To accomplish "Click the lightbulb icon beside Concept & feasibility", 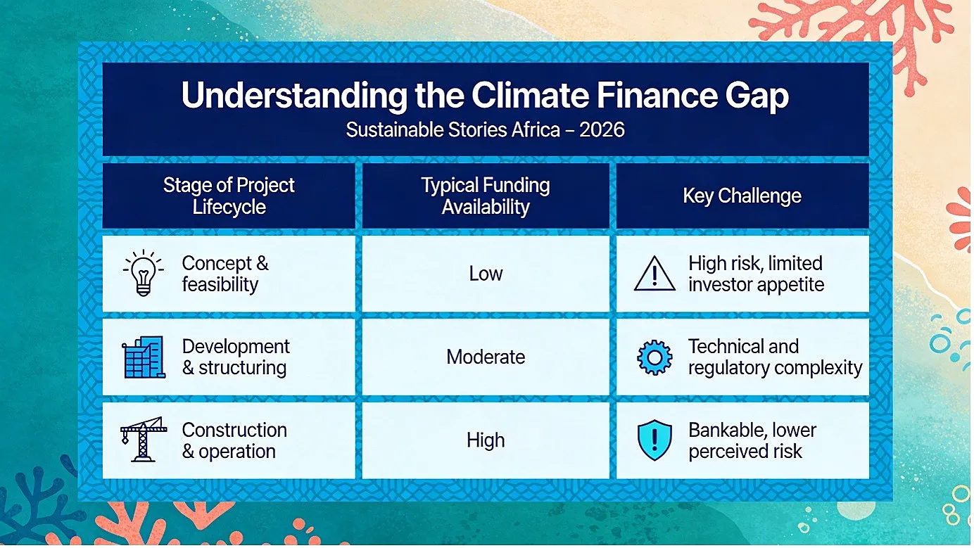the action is point(143,273).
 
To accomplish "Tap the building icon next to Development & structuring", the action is point(144,357).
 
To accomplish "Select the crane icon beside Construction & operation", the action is point(143,440).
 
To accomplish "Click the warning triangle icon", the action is point(654,274).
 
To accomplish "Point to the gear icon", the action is point(654,357).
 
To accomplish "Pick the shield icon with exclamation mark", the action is point(654,440).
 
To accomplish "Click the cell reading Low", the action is point(486,274).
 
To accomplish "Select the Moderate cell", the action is point(486,357).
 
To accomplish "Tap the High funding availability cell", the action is point(486,440).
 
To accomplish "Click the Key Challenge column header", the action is point(742,196).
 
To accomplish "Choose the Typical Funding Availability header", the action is point(486,196).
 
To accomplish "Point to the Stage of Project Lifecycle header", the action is point(229,196).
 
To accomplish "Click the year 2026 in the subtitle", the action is point(602,129).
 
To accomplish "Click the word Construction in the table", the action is point(234,431).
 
